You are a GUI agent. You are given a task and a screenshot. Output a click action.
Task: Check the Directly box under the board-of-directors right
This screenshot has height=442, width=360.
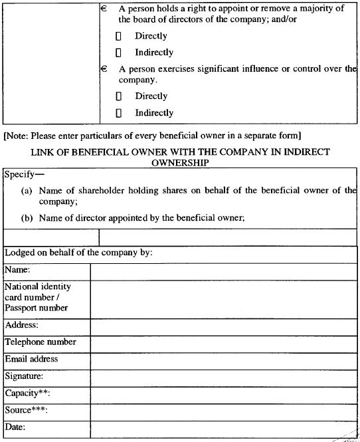click(x=118, y=36)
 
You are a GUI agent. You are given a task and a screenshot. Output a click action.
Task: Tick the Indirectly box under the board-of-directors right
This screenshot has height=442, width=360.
click(x=118, y=53)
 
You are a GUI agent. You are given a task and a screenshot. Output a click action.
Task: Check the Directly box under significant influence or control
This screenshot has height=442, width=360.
click(x=118, y=96)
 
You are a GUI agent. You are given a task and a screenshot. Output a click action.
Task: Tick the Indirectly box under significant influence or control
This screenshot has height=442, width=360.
click(x=118, y=113)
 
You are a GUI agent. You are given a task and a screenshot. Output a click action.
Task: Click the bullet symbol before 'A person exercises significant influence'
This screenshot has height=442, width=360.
click(x=104, y=68)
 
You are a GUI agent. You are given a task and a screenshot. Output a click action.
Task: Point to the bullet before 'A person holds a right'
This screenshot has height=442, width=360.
click(x=104, y=9)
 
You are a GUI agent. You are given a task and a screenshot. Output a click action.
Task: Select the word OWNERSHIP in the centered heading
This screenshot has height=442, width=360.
click(x=180, y=162)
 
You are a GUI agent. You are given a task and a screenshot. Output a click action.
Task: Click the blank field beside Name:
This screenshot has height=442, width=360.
click(x=225, y=271)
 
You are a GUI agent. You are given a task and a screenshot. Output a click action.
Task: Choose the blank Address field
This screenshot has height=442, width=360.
click(x=225, y=326)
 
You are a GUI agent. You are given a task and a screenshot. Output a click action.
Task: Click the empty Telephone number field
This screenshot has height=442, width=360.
click(x=225, y=343)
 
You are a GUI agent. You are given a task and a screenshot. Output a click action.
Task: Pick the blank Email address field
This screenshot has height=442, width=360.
click(x=225, y=360)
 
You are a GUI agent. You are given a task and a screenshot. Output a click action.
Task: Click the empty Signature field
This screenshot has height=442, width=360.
click(x=225, y=377)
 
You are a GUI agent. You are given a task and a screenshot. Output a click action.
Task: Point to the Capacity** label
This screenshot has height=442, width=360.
click(x=28, y=393)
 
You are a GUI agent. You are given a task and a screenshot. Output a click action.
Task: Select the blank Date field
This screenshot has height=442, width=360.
click(x=225, y=427)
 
